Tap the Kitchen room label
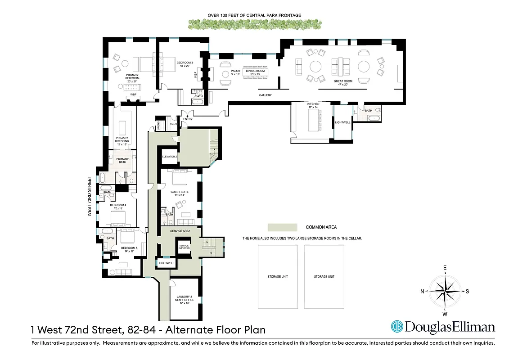point(314,105)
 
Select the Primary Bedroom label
point(132,76)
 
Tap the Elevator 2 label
point(170,156)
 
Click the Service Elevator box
point(184,247)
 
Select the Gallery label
point(265,95)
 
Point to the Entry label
point(187,119)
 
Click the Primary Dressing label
point(122,139)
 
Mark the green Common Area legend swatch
point(282,227)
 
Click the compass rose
point(445,291)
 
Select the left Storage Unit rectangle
point(278,277)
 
